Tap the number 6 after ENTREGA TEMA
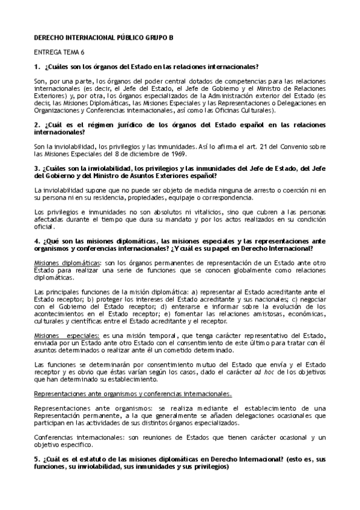84,52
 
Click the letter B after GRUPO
170,37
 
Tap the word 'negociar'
314,298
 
